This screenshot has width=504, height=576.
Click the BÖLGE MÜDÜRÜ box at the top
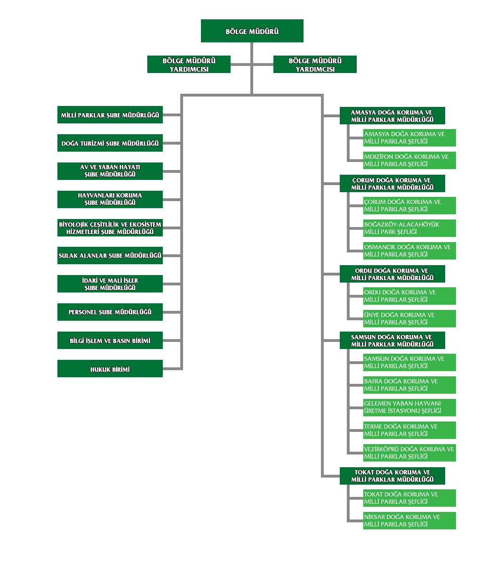coord(252,31)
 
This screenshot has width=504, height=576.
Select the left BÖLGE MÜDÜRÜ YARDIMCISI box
coord(189,64)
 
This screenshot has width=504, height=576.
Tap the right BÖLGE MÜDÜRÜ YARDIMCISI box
coord(315,64)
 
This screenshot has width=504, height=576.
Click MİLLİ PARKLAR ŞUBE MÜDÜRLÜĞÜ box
coord(110,114)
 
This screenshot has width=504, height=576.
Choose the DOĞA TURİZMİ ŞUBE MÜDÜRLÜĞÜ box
coord(110,143)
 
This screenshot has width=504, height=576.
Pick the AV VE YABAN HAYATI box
coord(110,171)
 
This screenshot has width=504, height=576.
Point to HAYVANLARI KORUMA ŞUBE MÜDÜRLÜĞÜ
coord(110,199)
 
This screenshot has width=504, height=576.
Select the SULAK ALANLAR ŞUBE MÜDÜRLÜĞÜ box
coord(110,255)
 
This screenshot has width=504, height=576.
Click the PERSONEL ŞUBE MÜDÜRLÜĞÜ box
coord(110,312)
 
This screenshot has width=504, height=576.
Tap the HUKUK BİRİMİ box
coord(110,368)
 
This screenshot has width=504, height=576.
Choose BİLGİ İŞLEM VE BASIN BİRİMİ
coord(110,340)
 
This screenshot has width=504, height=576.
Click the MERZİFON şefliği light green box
coord(409,160)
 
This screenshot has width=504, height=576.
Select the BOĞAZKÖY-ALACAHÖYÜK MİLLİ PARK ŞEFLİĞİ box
coord(409,228)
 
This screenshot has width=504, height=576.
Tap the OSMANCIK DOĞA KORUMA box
coord(409,251)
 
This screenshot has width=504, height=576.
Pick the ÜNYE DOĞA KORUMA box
coord(409,318)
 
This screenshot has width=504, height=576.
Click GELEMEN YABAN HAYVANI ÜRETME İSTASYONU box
coord(409,407)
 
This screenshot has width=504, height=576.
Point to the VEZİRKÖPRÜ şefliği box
coord(409,453)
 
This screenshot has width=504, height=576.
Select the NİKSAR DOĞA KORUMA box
coord(409,520)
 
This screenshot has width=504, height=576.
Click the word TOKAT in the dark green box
coord(364,472)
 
